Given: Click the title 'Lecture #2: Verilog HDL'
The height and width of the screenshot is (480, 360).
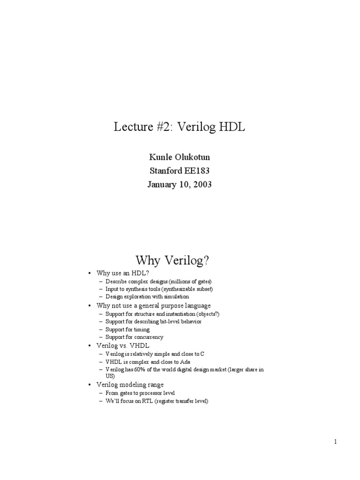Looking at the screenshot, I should [x=180, y=127].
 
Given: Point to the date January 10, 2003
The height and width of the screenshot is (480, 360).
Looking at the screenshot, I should [x=180, y=184].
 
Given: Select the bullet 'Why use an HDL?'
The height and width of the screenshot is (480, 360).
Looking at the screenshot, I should [x=125, y=273].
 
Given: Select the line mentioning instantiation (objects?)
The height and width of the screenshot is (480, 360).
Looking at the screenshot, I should [x=159, y=314].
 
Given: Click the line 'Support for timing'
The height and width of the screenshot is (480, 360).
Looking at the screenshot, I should [x=127, y=330].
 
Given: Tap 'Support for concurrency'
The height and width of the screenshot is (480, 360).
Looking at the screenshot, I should [x=134, y=337].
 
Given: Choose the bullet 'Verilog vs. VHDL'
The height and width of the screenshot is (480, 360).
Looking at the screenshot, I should [x=126, y=345].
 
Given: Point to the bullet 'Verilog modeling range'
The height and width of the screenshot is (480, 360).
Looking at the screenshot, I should [x=130, y=384].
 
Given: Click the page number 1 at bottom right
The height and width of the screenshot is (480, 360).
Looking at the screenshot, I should [x=336, y=441].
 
